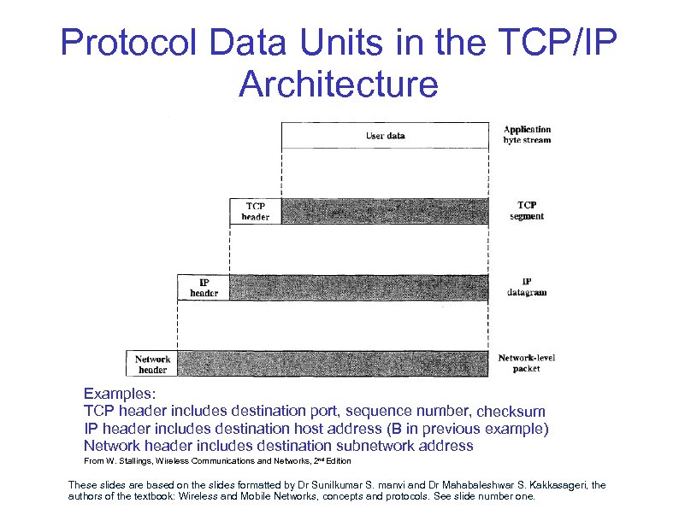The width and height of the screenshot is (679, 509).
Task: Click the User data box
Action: click(x=385, y=136)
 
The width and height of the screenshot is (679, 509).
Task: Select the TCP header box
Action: click(x=256, y=211)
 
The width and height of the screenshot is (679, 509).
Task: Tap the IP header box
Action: click(x=204, y=287)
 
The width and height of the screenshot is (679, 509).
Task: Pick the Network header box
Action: click(x=151, y=364)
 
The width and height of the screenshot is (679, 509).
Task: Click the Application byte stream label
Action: click(x=527, y=135)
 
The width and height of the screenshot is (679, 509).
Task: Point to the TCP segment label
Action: click(x=527, y=211)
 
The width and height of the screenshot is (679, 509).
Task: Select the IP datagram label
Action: click(x=527, y=287)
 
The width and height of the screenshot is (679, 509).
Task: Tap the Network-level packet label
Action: click(x=527, y=363)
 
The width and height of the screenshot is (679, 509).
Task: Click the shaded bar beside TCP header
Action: click(x=385, y=211)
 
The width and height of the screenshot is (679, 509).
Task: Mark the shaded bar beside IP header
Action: click(x=359, y=287)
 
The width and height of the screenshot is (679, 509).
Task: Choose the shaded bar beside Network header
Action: click(x=333, y=364)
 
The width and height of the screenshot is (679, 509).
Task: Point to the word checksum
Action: click(x=511, y=412)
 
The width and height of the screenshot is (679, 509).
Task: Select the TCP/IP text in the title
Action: click(x=551, y=43)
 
